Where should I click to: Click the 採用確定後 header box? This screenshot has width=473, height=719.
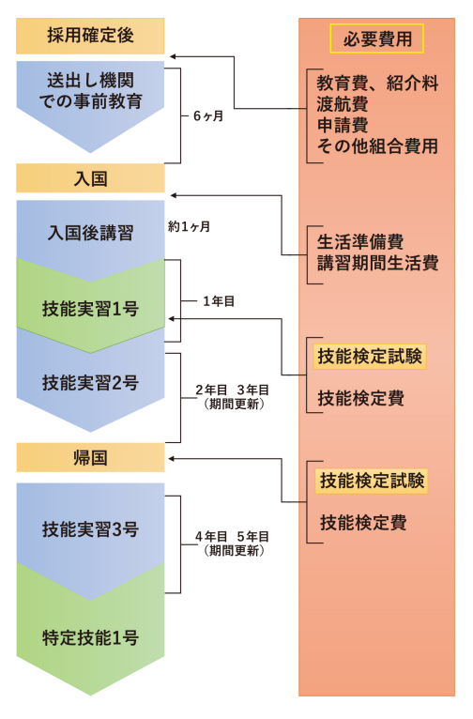click(x=90, y=36)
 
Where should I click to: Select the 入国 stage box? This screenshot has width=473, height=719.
click(x=90, y=178)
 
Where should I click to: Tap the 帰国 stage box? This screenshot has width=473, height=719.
click(x=90, y=457)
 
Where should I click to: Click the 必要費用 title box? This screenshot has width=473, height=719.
click(x=376, y=38)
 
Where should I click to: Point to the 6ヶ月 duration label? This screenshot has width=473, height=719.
click(x=208, y=116)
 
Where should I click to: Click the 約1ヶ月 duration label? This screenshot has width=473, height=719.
click(x=189, y=226)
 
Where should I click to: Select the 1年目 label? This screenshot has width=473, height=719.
click(x=219, y=301)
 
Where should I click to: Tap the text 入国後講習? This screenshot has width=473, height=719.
click(x=90, y=233)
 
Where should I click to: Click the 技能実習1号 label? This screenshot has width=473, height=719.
click(x=90, y=308)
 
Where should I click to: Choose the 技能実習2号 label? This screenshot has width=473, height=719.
click(x=90, y=382)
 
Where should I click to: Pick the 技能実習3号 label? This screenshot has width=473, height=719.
click(x=90, y=528)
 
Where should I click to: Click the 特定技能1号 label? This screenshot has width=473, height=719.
click(x=90, y=637)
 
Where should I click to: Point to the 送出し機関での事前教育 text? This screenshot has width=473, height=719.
click(x=90, y=91)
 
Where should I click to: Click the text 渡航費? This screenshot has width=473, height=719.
click(x=343, y=104)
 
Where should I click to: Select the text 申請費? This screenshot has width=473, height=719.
click(x=343, y=125)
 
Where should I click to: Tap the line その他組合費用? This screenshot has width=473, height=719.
click(x=377, y=145)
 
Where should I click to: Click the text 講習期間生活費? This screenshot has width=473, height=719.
click(x=377, y=263)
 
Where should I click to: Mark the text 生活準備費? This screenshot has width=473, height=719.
click(x=360, y=241)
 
